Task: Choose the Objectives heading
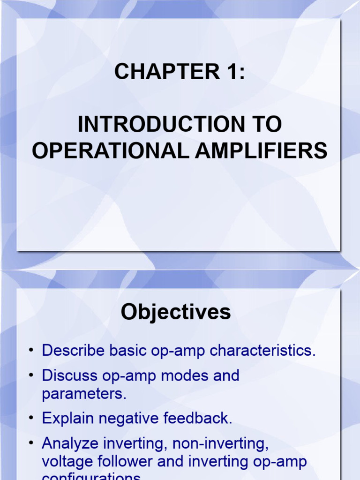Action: (x=176, y=312)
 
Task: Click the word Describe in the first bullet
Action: (x=70, y=351)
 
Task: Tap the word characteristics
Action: (x=262, y=351)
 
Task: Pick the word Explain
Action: (x=67, y=418)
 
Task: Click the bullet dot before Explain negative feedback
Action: (x=31, y=418)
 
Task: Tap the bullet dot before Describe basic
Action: (x=31, y=351)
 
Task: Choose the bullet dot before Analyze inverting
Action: (x=31, y=443)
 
